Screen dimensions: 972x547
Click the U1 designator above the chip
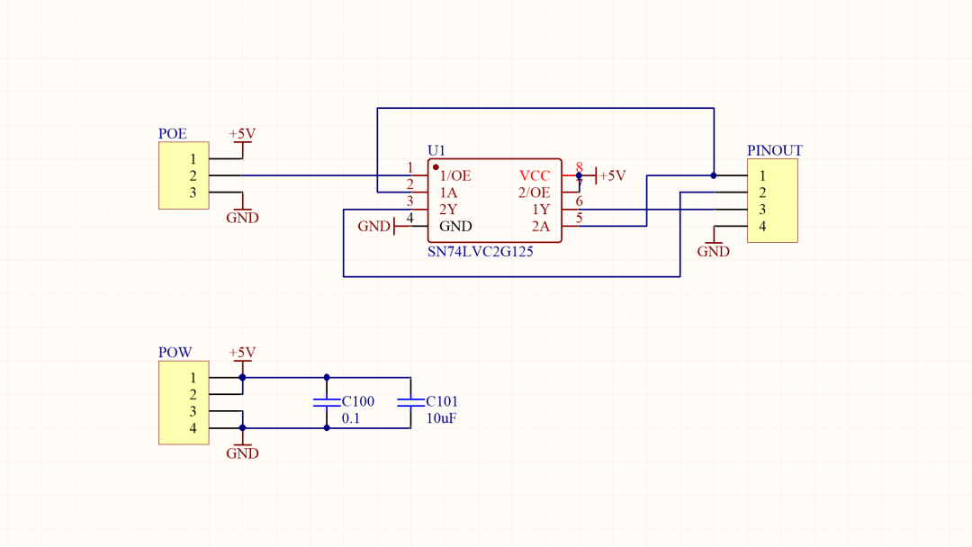tap(436, 150)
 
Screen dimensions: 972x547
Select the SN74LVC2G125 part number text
tap(481, 252)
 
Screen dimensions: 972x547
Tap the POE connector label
tap(172, 134)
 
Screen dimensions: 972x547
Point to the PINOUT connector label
tap(774, 150)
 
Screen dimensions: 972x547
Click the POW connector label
tap(175, 353)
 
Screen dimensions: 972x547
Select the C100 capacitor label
tap(357, 401)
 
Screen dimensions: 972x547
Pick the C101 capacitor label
tap(442, 401)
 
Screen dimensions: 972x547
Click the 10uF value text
tap(441, 418)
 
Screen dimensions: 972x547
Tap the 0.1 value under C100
tap(351, 418)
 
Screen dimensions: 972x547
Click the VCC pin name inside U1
tap(535, 176)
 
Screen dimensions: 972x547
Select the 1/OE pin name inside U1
tap(455, 176)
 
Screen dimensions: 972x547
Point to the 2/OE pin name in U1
tap(534, 193)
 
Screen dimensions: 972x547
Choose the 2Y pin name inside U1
tap(448, 210)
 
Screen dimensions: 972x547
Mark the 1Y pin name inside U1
tap(541, 210)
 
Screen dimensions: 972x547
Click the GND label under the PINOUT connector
tap(714, 252)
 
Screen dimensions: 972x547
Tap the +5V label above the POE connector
tap(242, 134)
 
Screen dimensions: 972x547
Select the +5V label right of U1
tap(613, 176)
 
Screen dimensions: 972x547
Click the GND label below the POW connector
tap(242, 453)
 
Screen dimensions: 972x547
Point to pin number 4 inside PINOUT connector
tap(762, 227)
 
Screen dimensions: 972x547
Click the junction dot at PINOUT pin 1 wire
tap(714, 176)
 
